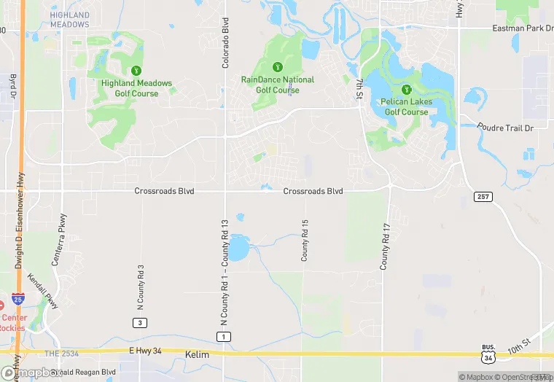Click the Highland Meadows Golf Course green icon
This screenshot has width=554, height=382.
pos(136,70)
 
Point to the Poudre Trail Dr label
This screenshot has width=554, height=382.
pos(506,127)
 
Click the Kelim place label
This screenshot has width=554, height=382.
pos(198,353)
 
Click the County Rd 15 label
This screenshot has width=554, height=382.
pos(305,240)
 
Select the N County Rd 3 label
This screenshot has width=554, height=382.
pos(141,285)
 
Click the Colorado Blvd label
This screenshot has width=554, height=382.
pos(225,43)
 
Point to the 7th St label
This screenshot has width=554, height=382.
pos(359,87)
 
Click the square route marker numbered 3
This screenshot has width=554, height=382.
pos(138,322)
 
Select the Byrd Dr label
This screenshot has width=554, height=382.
pos(12,87)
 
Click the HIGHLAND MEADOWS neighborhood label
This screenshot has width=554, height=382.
pos(70,20)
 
